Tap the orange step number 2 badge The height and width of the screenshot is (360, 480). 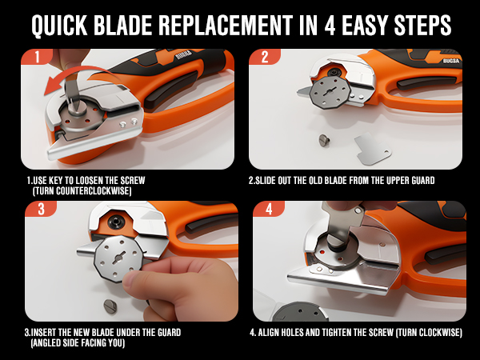(263, 58)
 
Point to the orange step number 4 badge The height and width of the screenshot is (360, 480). (264, 209)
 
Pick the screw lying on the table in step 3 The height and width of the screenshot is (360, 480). (111, 305)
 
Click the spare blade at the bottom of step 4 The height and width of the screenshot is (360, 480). (299, 313)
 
